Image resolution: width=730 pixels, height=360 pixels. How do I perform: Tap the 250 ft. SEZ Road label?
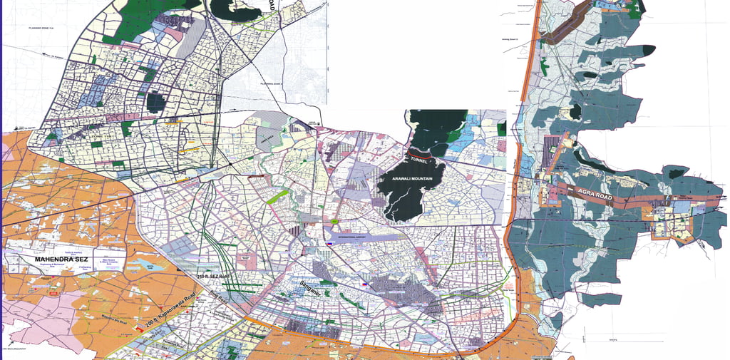point(214,276)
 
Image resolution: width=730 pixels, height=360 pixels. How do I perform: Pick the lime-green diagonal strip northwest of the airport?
point(277,196)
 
